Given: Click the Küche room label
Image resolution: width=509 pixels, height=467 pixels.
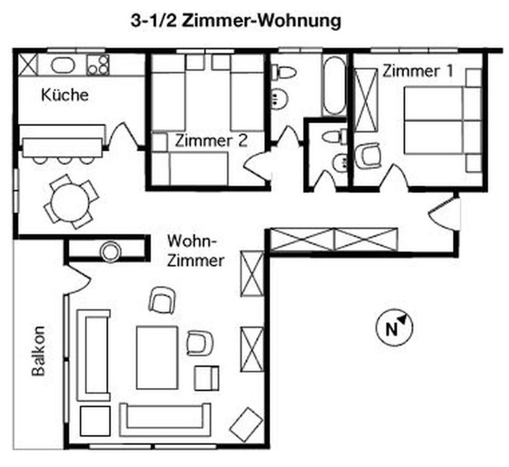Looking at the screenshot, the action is click(x=64, y=95).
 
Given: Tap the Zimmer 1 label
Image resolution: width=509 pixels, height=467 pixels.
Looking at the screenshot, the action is click(x=417, y=71).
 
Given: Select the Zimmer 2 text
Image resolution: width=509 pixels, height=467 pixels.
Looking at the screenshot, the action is click(x=211, y=141).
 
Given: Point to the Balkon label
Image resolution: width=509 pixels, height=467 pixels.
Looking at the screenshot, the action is click(x=38, y=351).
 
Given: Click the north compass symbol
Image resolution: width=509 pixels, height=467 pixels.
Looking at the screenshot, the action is click(x=394, y=327).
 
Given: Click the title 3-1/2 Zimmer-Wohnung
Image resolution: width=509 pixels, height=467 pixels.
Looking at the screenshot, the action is click(x=236, y=21).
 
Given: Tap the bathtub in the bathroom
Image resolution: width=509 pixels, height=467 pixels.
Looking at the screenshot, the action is click(x=333, y=85).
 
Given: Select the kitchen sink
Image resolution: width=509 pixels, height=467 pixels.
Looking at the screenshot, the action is click(x=63, y=65).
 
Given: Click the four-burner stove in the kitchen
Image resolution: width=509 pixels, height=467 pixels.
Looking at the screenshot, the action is click(x=98, y=64).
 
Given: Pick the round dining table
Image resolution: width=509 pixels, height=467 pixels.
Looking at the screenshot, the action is click(x=71, y=202).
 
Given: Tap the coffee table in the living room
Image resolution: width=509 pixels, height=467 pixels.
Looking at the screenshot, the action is click(x=157, y=358).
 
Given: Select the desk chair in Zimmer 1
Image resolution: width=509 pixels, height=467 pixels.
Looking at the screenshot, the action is click(x=367, y=156).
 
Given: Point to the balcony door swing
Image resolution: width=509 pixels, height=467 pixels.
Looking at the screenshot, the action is click(x=77, y=280).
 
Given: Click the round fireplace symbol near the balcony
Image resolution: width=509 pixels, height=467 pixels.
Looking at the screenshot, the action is click(x=111, y=251).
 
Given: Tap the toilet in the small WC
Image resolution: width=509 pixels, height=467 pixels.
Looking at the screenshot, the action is click(x=334, y=136).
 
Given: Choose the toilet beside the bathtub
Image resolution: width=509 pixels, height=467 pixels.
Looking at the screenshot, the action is click(x=284, y=71).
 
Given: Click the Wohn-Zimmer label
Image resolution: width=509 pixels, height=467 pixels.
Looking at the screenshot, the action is click(x=196, y=251).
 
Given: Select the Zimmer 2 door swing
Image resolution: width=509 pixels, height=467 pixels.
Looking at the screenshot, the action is click(x=258, y=165).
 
